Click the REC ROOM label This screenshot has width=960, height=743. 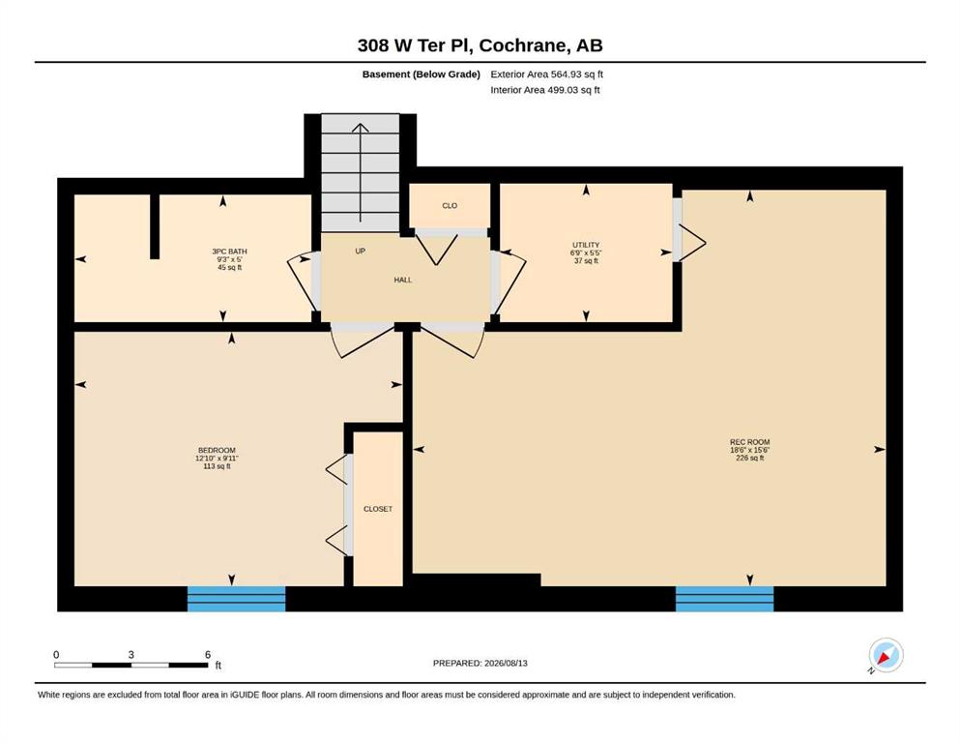(x=749, y=442)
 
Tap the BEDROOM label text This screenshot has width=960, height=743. (x=217, y=451)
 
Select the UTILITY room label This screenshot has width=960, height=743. (x=586, y=245)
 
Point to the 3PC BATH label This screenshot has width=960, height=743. (x=229, y=252)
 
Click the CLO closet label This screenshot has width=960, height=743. (x=450, y=206)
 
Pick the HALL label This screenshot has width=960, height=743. (x=403, y=280)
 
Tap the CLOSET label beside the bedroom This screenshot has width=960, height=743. (x=378, y=509)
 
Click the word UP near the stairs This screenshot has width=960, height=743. (x=360, y=252)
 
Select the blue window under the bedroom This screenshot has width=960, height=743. (x=236, y=599)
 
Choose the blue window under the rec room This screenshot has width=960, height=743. (x=724, y=599)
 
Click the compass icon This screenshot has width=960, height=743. (x=886, y=655)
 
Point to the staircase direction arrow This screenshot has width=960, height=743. (x=361, y=173)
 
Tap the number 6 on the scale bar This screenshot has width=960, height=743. (x=208, y=655)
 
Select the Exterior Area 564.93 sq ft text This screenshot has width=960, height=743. (x=547, y=74)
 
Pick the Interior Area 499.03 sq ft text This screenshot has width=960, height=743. (x=545, y=90)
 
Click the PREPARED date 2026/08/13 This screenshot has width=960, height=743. (x=506, y=663)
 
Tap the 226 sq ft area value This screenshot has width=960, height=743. (x=750, y=458)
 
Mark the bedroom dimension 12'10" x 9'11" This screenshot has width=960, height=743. (x=217, y=459)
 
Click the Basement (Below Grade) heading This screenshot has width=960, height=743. (x=422, y=74)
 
